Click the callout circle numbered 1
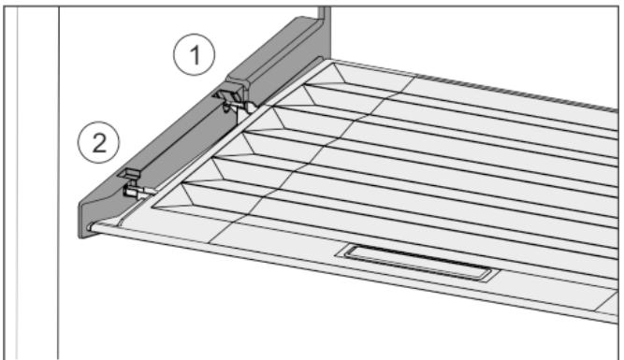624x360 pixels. (x=195, y=54)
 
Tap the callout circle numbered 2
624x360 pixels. (x=98, y=142)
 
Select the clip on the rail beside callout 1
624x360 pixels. (x=226, y=94)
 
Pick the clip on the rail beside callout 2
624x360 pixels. (x=130, y=174)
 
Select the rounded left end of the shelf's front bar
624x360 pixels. (x=91, y=227)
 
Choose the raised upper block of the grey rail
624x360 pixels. (x=279, y=60)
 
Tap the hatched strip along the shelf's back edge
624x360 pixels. (x=517, y=91)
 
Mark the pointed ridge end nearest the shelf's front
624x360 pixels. (x=153, y=207)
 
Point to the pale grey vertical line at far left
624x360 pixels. (x=17, y=183)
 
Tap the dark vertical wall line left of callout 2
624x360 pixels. (x=59, y=183)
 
